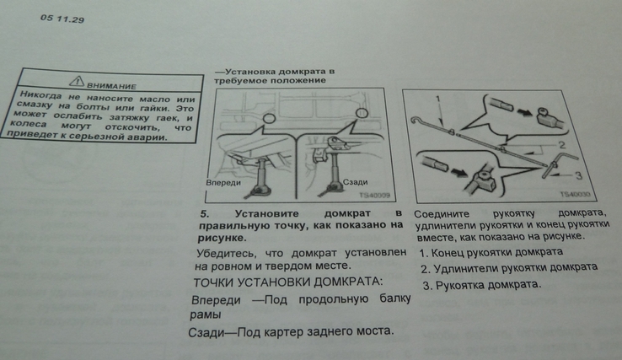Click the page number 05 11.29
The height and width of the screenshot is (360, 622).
coord(62,19)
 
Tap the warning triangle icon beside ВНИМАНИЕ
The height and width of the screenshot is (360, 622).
coord(77,81)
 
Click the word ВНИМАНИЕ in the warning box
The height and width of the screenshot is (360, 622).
coord(111,86)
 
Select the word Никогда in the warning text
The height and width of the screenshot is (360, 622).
coord(40,95)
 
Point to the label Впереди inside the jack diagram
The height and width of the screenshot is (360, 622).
coord(223,183)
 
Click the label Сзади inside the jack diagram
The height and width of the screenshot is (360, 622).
coord(355,182)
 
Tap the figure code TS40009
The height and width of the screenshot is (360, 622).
coord(374,196)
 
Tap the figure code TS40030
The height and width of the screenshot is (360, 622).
coord(575,194)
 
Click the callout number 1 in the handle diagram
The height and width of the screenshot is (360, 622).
coord(438,99)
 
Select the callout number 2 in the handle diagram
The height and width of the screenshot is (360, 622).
coord(562,145)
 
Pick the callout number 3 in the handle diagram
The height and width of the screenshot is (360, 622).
coord(578,175)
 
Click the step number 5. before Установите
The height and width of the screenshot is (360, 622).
coord(204,214)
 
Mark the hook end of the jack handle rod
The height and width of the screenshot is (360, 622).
coord(413,119)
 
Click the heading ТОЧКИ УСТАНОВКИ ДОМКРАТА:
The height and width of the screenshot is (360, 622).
coord(288,282)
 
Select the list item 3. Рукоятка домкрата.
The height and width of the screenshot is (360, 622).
coord(482,285)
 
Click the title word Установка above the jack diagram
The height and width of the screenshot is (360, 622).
coord(249,72)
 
